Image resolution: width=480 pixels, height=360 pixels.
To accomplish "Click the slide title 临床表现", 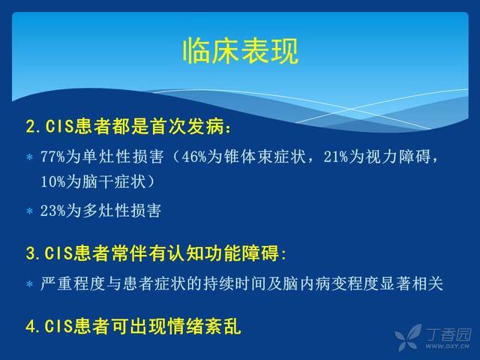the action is click(240, 51).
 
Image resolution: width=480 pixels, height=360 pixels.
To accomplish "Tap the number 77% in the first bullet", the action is click(53, 157).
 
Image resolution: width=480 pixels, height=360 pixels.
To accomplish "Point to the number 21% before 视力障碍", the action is click(335, 157).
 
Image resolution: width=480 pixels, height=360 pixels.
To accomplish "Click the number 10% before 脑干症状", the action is click(53, 181).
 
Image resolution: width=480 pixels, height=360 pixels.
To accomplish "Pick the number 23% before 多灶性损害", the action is click(53, 211).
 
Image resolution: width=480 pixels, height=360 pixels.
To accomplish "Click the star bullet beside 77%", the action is click(30, 157).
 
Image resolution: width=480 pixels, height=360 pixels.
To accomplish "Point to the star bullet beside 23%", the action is click(30, 211).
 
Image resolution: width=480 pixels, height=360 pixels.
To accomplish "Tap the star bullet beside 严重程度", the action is click(30, 284).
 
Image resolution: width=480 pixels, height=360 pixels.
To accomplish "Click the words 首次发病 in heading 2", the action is click(187, 126).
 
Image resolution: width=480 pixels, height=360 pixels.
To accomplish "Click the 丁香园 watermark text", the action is click(448, 334).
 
